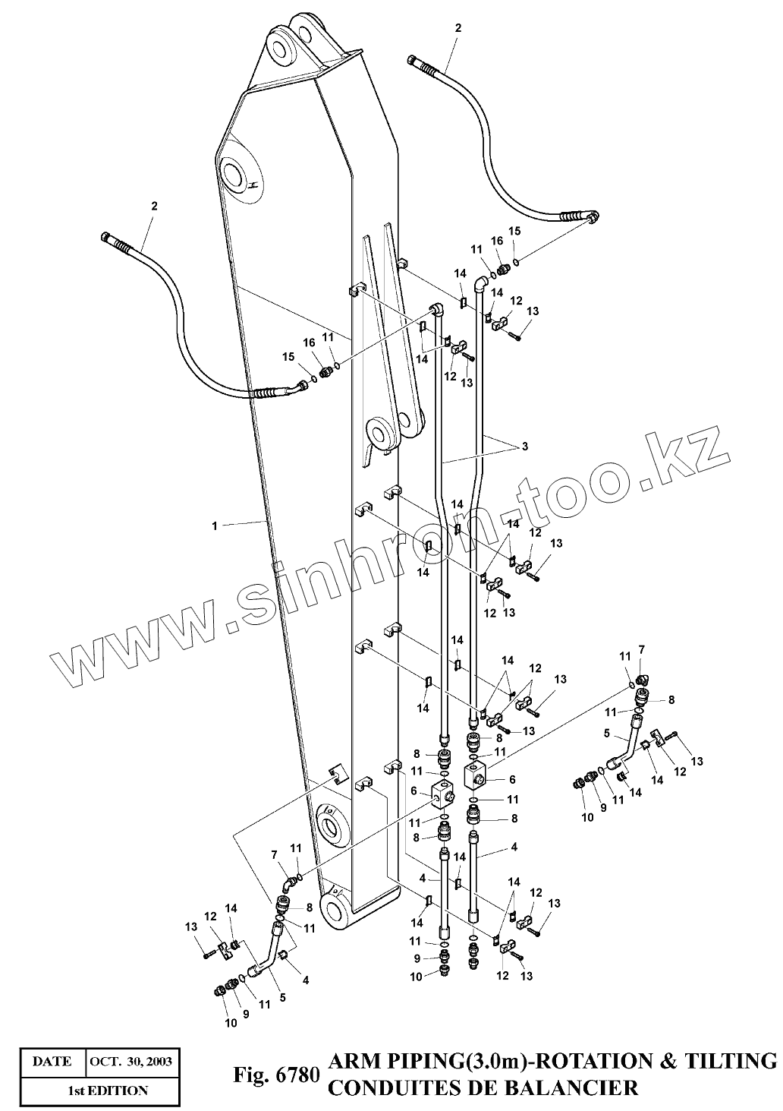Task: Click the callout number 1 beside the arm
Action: (x=215, y=526)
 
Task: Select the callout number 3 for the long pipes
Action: (x=524, y=446)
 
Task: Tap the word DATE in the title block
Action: (x=52, y=1062)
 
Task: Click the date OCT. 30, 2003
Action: (x=130, y=1062)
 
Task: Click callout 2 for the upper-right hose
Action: (x=458, y=28)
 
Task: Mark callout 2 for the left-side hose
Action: (x=154, y=205)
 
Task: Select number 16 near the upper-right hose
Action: (x=497, y=241)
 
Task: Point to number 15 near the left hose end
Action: (x=288, y=356)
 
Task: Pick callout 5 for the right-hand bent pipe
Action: (x=606, y=734)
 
